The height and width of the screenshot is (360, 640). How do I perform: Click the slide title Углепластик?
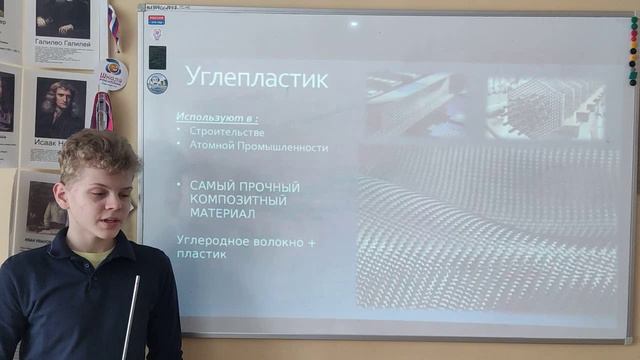(x=256, y=78)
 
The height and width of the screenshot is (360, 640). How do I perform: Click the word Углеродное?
(x=214, y=240)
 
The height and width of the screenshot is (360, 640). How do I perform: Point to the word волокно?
(x=281, y=240)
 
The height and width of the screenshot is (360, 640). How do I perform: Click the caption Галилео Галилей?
(x=64, y=44)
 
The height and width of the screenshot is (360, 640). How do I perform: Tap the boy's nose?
(x=122, y=196)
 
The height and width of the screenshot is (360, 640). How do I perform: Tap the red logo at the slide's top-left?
(x=156, y=18)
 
